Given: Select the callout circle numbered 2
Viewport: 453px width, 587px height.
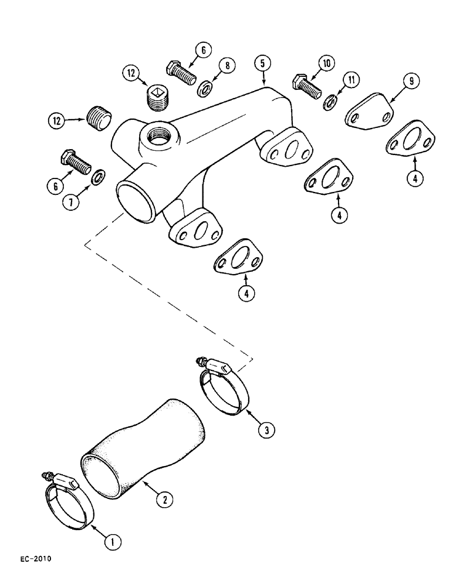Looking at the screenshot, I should pyautogui.click(x=165, y=500).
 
